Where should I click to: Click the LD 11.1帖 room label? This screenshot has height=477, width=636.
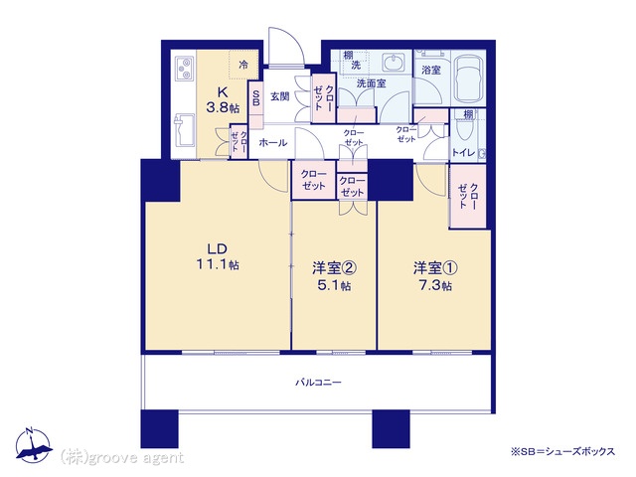point(218,256)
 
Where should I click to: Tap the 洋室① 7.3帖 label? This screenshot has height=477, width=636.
point(435,276)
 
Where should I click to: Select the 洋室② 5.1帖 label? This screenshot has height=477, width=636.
point(334,276)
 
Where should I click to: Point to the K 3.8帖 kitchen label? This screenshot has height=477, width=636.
point(223,99)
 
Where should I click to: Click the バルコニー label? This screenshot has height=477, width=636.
point(318,382)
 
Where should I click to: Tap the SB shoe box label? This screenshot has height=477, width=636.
point(256,97)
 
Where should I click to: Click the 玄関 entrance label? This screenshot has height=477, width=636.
point(280,96)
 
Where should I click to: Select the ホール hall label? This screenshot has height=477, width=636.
point(273,143)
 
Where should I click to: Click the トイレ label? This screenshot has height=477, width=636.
point(463,153)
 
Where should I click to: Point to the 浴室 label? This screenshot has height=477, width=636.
point(430,70)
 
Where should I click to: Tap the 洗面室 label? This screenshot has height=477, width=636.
point(371,83)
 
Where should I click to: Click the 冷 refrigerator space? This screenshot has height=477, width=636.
point(243,65)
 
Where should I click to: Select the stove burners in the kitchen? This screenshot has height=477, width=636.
point(186,69)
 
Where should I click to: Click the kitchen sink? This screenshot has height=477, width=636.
point(185,129)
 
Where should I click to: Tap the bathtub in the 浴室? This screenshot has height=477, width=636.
point(468,79)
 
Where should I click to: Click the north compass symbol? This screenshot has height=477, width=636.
point(33,446)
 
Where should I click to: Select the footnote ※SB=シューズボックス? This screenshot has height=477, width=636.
point(562,451)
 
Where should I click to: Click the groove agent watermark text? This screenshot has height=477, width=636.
point(122,457)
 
